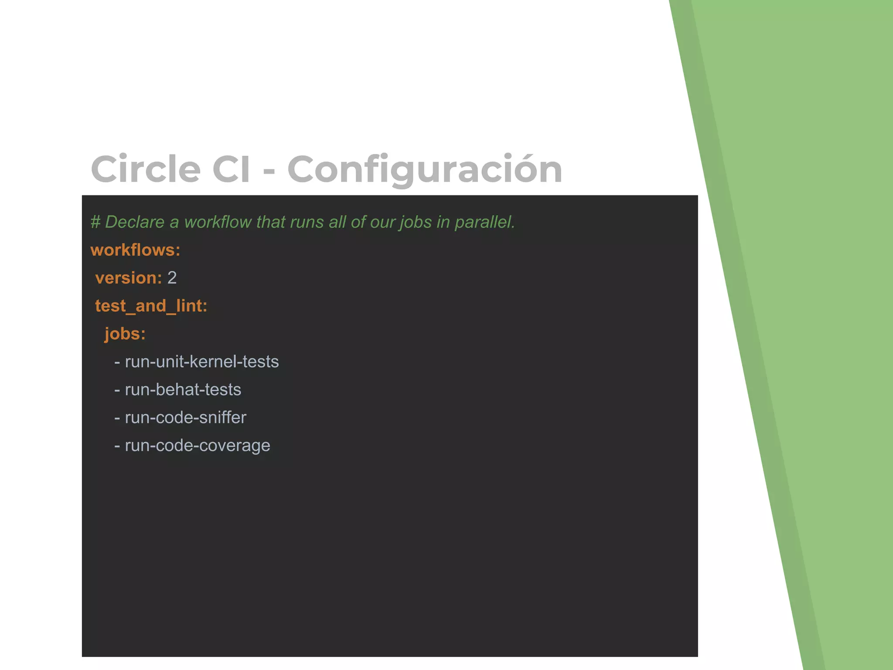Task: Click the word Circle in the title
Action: click(146, 169)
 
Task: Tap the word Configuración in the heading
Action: click(425, 169)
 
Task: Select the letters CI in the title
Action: click(231, 169)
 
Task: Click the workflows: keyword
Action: click(135, 250)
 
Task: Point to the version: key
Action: click(128, 278)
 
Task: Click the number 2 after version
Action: click(172, 278)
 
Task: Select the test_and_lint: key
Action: click(151, 306)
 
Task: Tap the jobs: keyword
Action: click(125, 334)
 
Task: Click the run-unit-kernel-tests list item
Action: click(201, 362)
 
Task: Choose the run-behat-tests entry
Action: click(183, 390)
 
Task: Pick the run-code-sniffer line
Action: click(185, 417)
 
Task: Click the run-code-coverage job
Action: click(197, 445)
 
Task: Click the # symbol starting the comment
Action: click(95, 222)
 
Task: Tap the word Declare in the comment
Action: click(135, 222)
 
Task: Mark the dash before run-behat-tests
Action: click(117, 390)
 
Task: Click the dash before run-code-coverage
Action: click(117, 446)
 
